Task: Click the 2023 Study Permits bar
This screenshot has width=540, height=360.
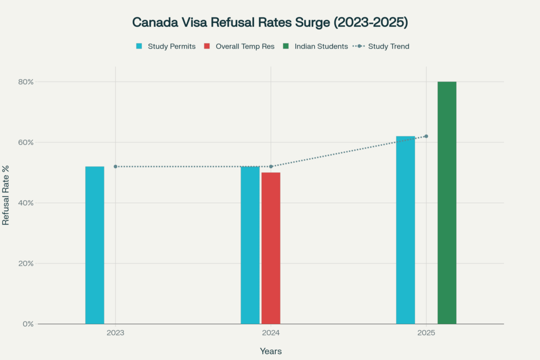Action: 95,245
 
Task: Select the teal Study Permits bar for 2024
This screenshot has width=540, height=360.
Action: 250,245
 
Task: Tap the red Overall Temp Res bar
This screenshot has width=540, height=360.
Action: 271,248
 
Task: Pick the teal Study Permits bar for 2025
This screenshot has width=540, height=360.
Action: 406,230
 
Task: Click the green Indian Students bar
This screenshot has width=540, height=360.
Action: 447,203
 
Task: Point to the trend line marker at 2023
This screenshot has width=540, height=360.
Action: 115,167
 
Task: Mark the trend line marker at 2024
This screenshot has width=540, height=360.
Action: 271,167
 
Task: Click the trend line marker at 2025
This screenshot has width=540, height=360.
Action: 426,136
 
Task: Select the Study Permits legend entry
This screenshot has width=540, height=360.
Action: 166,46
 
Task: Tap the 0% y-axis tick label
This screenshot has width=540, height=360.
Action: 28,324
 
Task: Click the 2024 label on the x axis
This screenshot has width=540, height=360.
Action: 271,333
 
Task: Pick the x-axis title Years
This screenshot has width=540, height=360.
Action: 271,351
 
